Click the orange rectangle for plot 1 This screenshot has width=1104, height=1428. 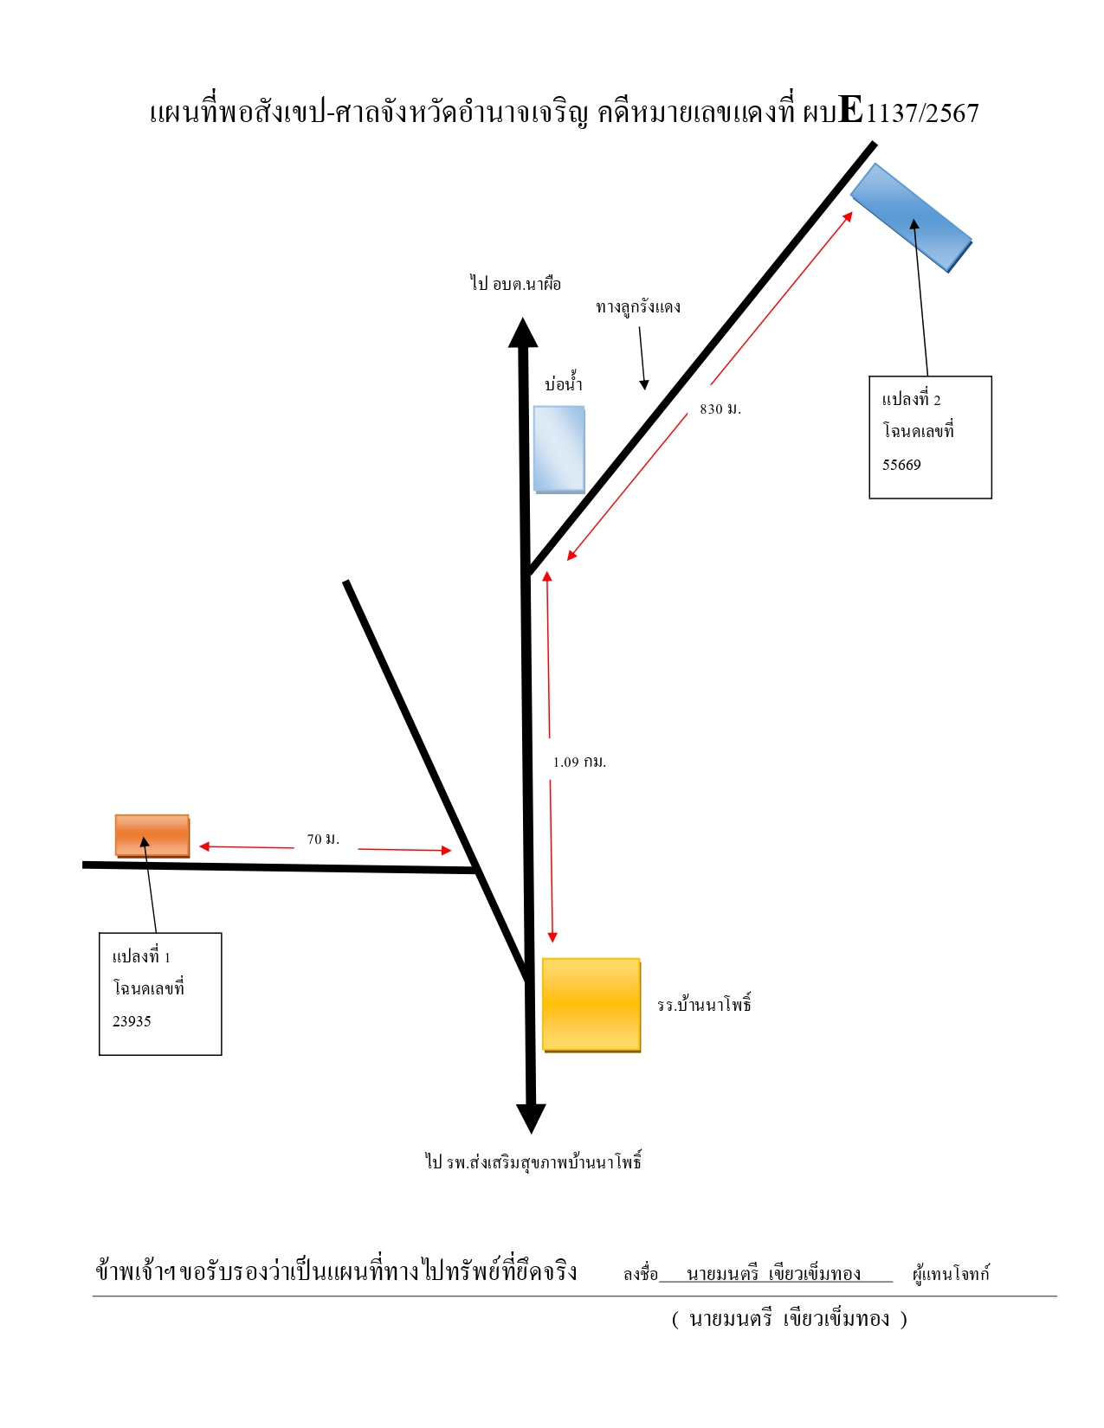[x=152, y=836]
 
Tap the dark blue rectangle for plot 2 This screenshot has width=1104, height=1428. [x=912, y=217]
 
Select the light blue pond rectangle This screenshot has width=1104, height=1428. [x=558, y=449]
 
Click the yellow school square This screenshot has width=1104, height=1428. [x=591, y=1005]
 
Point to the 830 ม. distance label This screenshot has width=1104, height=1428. [x=720, y=408]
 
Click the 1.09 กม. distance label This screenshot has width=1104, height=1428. [x=579, y=762]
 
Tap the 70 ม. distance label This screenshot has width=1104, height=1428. [x=323, y=839]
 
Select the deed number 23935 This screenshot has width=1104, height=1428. [x=132, y=1021]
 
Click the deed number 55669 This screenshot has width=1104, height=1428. [x=901, y=466]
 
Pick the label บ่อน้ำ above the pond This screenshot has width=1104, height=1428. [x=564, y=383]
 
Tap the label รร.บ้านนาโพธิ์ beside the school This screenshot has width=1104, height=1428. [x=704, y=1003]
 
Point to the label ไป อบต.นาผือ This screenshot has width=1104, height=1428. [x=515, y=284]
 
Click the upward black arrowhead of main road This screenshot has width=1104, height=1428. [x=523, y=332]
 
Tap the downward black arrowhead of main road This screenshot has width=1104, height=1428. [x=532, y=1119]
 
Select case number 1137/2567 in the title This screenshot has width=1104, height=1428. [x=922, y=113]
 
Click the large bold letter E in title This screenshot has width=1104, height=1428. [x=851, y=110]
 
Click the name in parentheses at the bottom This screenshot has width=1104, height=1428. [x=789, y=1319]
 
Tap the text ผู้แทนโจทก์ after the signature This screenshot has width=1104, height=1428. [x=951, y=1274]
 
